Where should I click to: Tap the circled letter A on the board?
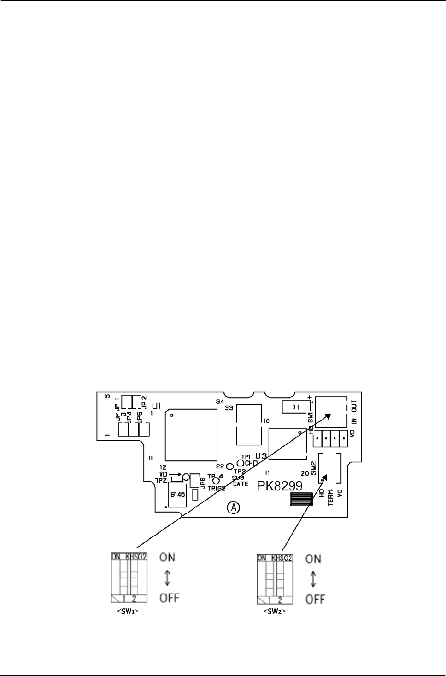(234, 507)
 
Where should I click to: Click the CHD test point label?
(251, 463)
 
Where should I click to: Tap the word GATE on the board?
(241, 484)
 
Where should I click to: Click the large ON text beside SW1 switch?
(167, 557)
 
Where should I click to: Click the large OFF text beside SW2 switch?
(315, 599)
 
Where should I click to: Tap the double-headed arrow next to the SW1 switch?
(167, 577)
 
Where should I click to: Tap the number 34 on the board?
(219, 402)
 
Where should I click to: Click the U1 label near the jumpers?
(157, 406)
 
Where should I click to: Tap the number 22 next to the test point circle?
(220, 466)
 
